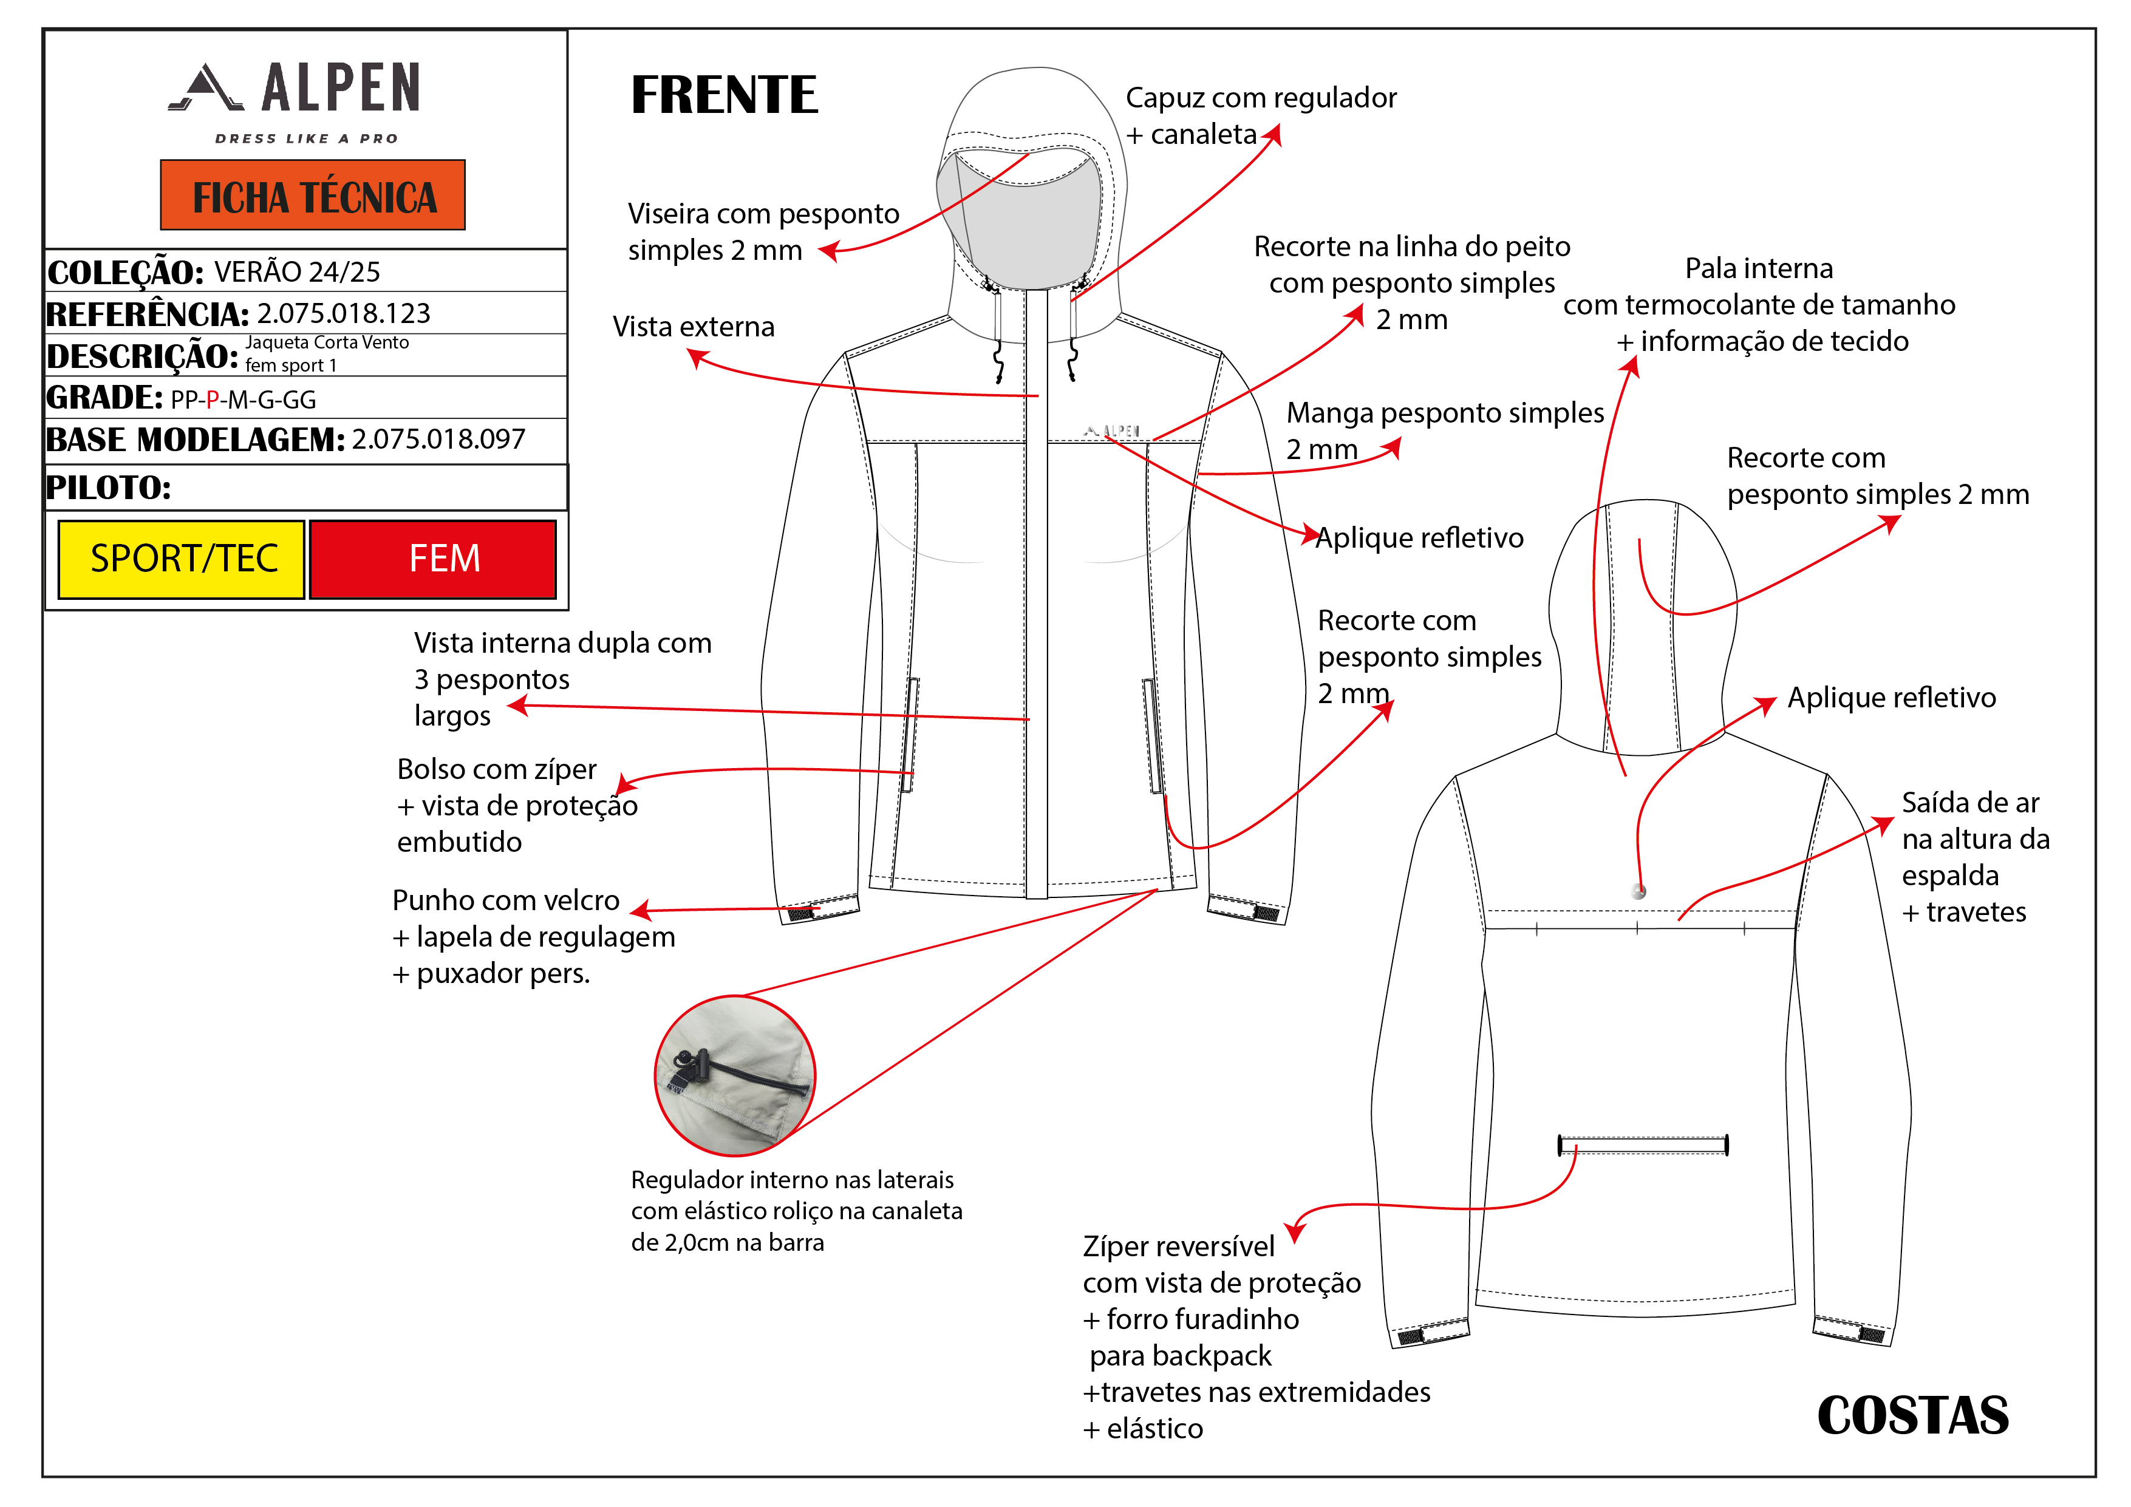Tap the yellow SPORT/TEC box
point(182,559)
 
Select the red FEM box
point(434,559)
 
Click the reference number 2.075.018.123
point(343,314)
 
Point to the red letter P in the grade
point(213,400)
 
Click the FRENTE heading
point(724,95)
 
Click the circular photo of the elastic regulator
point(734,1077)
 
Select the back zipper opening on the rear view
point(1642,1146)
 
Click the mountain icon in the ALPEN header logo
point(206,88)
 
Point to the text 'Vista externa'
point(694,327)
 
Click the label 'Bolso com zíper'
point(497,769)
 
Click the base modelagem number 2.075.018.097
point(438,439)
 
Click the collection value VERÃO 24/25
point(297,272)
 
